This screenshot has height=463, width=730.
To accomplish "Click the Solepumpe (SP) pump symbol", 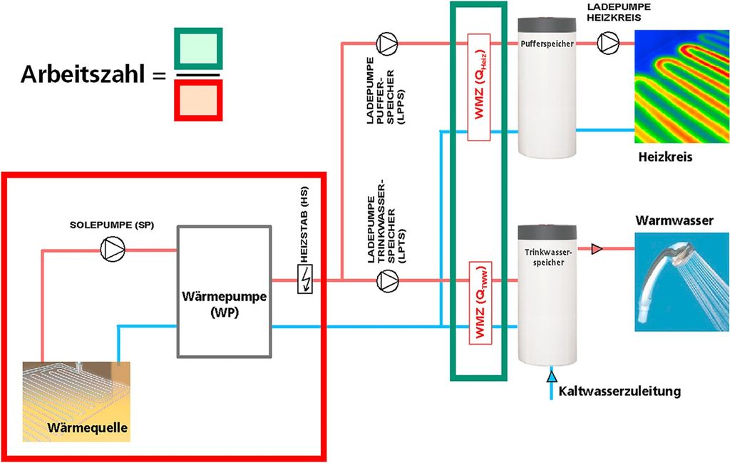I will pyautogui.click(x=111, y=249).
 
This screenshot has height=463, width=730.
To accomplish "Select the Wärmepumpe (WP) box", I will pyautogui.click(x=224, y=292).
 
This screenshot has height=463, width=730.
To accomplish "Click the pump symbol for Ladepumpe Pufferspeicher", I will pyautogui.click(x=386, y=44).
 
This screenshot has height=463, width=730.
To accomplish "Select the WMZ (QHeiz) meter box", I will pyautogui.click(x=478, y=86).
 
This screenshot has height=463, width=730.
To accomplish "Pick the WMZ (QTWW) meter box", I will pyautogui.click(x=478, y=302).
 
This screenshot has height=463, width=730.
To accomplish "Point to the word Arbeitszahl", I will pyautogui.click(x=84, y=74).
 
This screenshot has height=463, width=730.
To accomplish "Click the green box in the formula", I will pyautogui.click(x=199, y=51).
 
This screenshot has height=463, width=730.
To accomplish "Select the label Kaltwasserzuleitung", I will pyautogui.click(x=620, y=391).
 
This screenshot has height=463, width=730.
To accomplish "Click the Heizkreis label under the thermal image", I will pyautogui.click(x=666, y=156).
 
